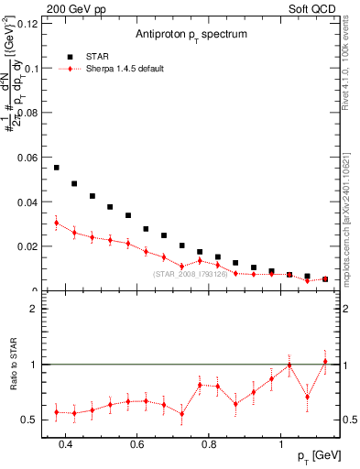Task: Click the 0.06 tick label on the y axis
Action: (27, 157)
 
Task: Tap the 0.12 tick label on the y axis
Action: (27, 23)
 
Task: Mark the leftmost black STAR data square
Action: (57, 168)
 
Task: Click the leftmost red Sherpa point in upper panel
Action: (57, 223)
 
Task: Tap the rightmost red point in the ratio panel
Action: (325, 362)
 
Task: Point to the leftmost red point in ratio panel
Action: (57, 412)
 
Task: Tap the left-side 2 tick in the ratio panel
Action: (34, 309)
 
